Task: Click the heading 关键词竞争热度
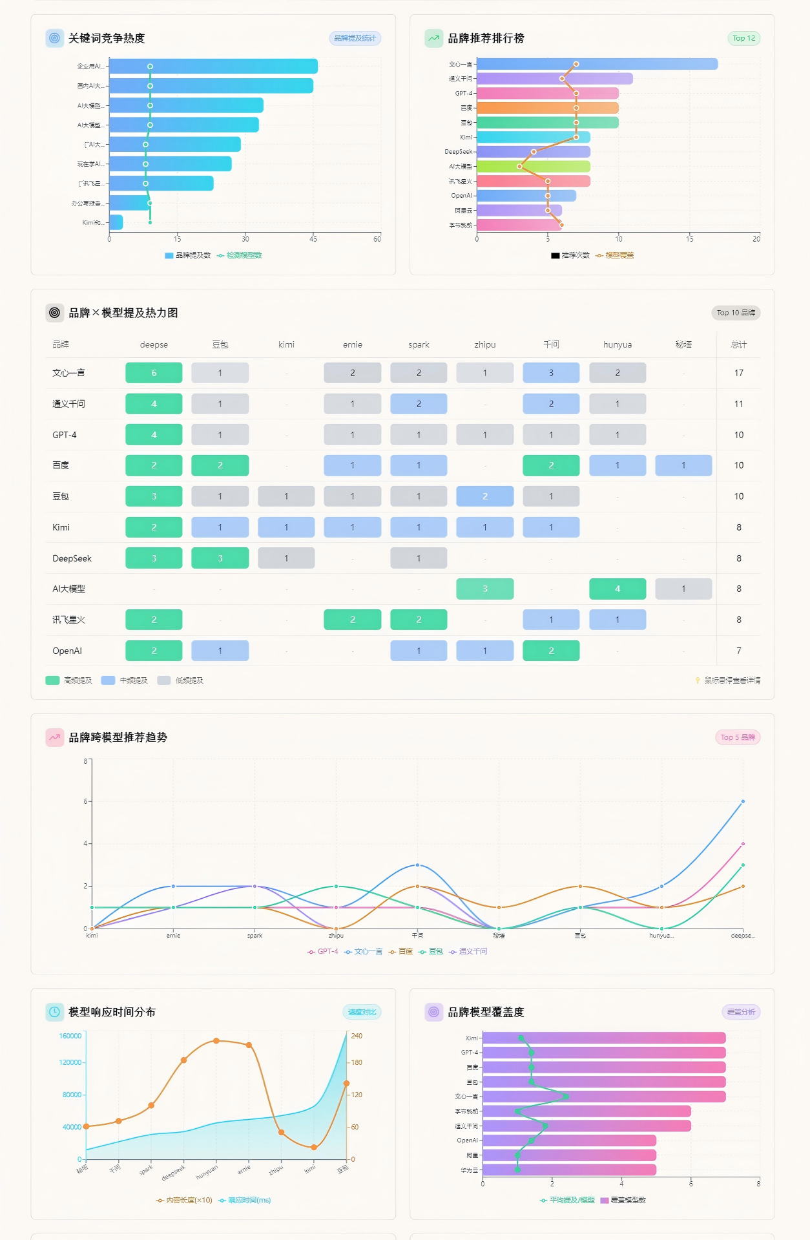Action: point(107,38)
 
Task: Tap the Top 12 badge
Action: point(743,38)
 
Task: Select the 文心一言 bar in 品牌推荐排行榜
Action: point(597,64)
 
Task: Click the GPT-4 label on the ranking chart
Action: point(463,93)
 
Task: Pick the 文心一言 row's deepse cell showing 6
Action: point(154,373)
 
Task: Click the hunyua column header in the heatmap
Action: point(617,344)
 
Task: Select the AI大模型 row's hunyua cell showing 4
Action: point(617,589)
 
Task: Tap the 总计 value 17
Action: point(738,373)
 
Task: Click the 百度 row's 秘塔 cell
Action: point(683,465)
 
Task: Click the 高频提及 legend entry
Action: point(69,680)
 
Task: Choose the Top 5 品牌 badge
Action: point(737,737)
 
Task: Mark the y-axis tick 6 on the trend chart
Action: point(85,801)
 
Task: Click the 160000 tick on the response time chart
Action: point(70,1036)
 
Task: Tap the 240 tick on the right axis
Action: point(357,1036)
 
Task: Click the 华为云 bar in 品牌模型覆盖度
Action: point(569,1170)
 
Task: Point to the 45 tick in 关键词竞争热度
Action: point(313,239)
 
